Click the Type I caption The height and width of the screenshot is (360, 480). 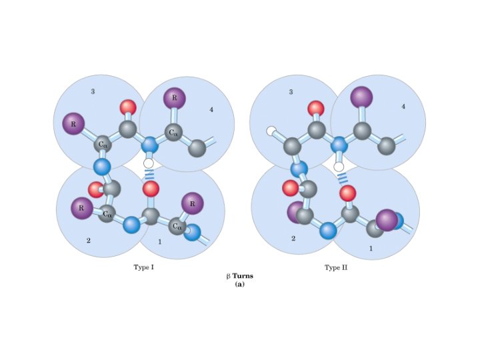(x=145, y=267)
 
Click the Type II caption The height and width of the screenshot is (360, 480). (x=336, y=267)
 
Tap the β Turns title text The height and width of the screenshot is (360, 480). (x=240, y=276)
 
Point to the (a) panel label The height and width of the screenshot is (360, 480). (x=240, y=284)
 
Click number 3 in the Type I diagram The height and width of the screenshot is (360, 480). (x=93, y=91)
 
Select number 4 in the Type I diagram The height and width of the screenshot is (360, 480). (x=211, y=109)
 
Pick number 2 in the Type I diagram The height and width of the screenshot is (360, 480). (x=88, y=239)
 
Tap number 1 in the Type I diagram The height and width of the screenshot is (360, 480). (x=159, y=241)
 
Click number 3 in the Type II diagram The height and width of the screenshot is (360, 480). (x=291, y=92)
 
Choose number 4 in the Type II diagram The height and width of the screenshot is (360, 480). (x=403, y=106)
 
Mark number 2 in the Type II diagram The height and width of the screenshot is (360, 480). (x=293, y=238)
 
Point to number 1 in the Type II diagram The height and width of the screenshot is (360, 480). (x=371, y=248)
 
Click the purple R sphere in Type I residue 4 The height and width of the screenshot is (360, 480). (x=175, y=98)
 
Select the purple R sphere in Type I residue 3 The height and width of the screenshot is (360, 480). (x=73, y=123)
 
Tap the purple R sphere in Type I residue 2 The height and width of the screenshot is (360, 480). (x=82, y=207)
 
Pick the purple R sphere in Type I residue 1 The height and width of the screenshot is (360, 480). (x=193, y=203)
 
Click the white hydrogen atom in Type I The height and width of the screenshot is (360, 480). (x=149, y=163)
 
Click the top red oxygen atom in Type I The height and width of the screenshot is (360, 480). (x=127, y=107)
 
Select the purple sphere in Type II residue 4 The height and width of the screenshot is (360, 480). (x=362, y=97)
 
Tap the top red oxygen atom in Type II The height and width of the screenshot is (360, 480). (x=316, y=107)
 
